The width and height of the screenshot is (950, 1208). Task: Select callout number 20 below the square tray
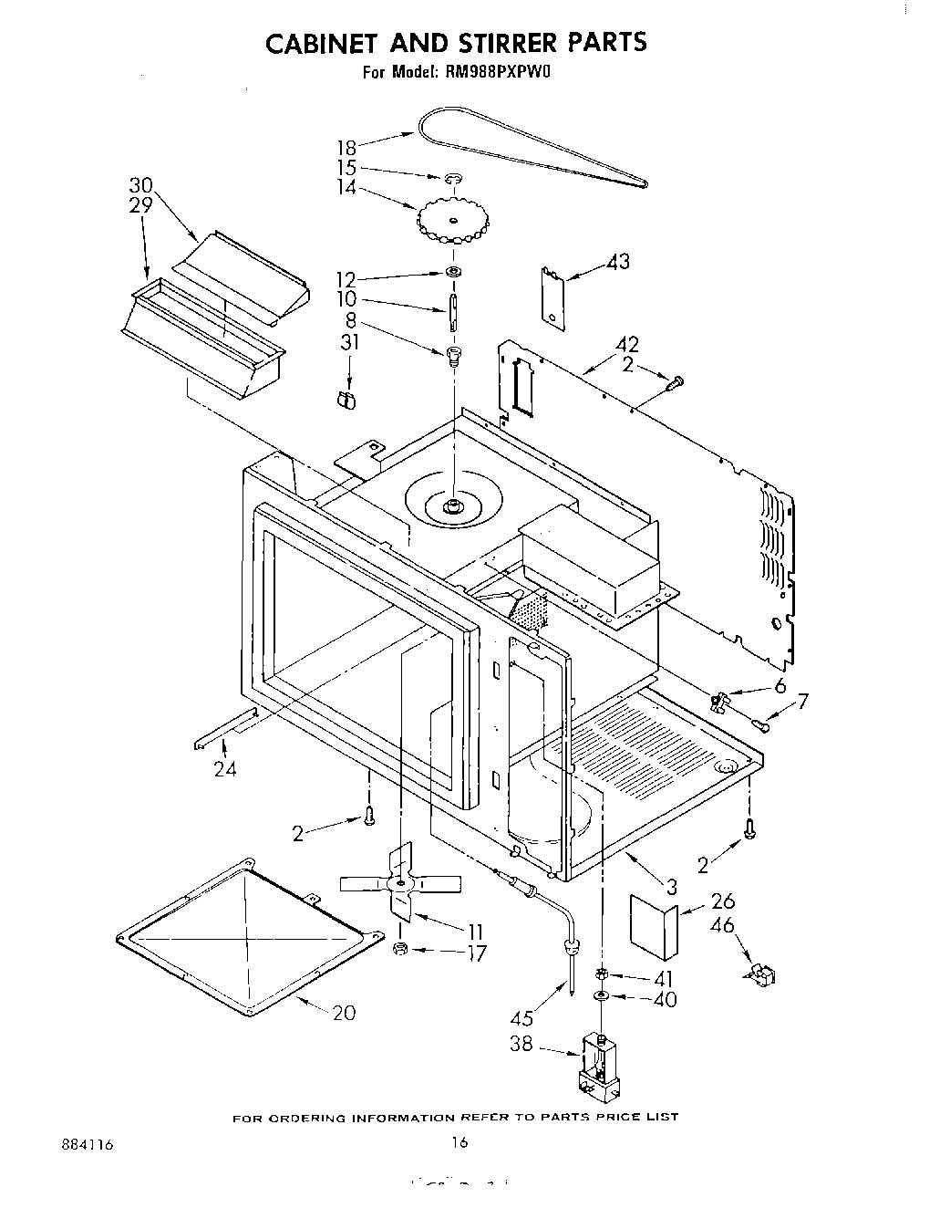click(344, 1013)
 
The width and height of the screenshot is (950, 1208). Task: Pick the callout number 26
click(721, 902)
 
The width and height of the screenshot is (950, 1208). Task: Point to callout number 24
click(225, 769)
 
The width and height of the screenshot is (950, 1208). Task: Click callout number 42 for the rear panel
click(627, 345)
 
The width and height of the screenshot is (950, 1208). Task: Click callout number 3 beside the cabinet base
click(671, 885)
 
